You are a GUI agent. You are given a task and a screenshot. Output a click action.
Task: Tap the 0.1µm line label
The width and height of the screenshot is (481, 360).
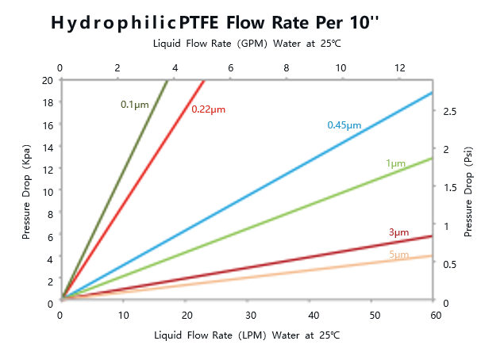(134, 104)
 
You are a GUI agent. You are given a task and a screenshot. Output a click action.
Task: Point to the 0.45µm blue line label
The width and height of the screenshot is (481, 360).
(344, 125)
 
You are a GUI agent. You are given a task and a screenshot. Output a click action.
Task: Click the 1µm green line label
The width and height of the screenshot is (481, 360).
(395, 163)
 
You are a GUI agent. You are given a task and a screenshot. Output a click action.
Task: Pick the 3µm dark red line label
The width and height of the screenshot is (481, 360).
(398, 232)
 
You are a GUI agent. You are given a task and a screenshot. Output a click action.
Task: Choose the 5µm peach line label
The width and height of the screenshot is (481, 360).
(398, 255)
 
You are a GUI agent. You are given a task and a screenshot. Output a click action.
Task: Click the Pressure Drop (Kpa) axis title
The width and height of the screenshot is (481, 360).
(26, 190)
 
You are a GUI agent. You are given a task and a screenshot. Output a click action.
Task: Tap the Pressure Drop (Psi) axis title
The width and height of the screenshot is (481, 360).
(468, 190)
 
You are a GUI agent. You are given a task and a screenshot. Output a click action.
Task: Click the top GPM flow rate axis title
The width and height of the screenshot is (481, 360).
(246, 43)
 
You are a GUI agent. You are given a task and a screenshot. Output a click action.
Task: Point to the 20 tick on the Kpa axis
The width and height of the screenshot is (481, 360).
(47, 80)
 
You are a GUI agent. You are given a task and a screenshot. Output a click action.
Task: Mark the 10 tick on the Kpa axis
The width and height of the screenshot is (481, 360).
(47, 191)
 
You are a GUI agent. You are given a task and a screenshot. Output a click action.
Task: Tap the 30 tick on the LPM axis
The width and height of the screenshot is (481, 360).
(247, 316)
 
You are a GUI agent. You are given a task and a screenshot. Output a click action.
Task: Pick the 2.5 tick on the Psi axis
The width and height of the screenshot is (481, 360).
(449, 111)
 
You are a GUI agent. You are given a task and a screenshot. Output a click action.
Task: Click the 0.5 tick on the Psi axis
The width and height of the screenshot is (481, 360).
(449, 264)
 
